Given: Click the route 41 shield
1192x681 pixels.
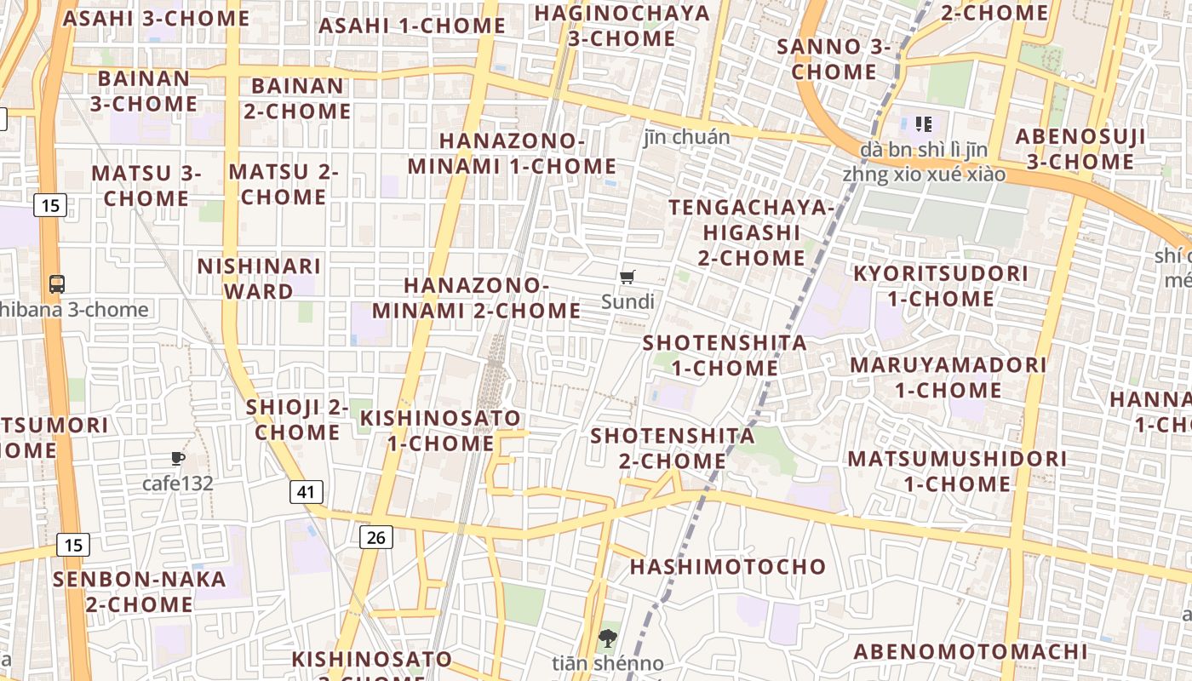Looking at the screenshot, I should [x=307, y=491].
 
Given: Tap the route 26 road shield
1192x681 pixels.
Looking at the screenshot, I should [x=376, y=536].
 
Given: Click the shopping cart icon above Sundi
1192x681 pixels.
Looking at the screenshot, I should [x=628, y=277].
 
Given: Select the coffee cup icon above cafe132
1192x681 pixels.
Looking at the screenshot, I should [x=177, y=459].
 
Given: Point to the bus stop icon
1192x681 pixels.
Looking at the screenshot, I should [x=57, y=284].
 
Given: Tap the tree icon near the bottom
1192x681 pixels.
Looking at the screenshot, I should [x=607, y=638].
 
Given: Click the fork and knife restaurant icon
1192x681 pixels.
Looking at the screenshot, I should [x=923, y=124].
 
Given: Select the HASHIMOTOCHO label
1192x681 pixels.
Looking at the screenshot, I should [x=728, y=567].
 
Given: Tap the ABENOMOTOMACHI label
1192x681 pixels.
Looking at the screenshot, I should [x=971, y=652].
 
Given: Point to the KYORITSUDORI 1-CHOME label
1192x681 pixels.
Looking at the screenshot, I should [x=941, y=286].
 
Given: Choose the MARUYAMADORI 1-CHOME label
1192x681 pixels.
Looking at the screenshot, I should [x=948, y=377].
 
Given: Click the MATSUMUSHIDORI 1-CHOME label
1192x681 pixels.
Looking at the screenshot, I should [x=957, y=471].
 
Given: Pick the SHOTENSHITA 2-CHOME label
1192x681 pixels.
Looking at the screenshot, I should [x=673, y=448].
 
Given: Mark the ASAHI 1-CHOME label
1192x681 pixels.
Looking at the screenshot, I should [x=412, y=26].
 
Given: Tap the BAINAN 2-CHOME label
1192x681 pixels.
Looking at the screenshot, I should [x=297, y=99].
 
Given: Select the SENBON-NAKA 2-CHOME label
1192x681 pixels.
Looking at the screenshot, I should [x=140, y=592].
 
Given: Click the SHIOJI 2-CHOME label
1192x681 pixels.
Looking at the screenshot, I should [x=297, y=420].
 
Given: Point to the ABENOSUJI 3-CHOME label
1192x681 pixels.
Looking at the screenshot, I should [x=1080, y=149].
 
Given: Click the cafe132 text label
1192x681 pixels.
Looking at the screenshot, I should [x=177, y=484].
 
